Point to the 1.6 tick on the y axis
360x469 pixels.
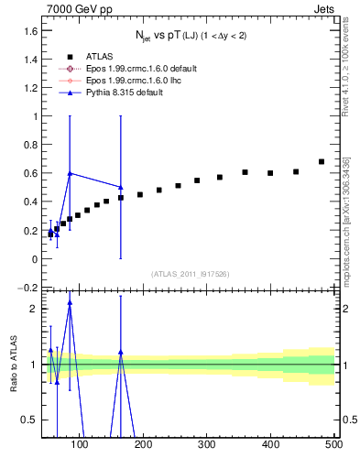pos(29,30)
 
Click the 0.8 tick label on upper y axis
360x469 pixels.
pos(29,145)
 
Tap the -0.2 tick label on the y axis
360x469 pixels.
pos(27,288)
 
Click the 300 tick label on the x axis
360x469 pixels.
pos(207,445)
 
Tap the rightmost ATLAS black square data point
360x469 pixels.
pos(322,161)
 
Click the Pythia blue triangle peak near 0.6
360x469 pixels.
pos(70,173)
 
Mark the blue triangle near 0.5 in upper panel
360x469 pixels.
pos(121,187)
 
